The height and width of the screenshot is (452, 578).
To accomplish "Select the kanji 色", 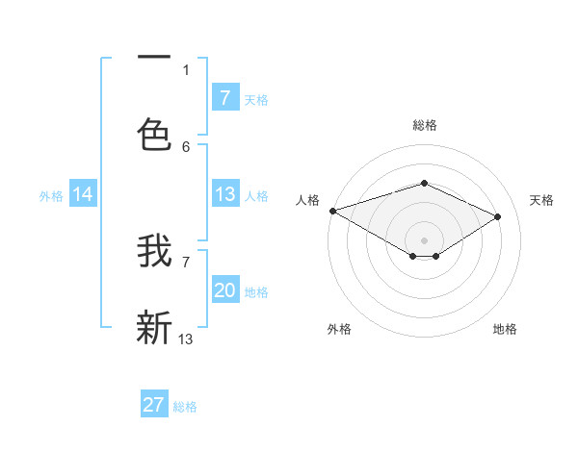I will click(x=154, y=136).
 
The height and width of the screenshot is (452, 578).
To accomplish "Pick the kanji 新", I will click(x=154, y=327).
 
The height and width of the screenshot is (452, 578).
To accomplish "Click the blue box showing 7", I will click(x=225, y=97).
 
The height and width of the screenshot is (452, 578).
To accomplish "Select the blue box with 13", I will click(x=225, y=194).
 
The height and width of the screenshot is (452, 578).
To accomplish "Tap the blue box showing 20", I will click(x=225, y=290).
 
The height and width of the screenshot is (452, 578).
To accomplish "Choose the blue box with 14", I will click(x=83, y=194).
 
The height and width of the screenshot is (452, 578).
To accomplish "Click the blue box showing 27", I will click(x=154, y=405).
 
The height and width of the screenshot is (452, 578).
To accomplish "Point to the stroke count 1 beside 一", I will click(x=186, y=69).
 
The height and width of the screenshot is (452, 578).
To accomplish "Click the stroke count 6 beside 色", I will click(x=186, y=146).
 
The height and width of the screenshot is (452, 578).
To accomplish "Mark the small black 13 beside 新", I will click(x=186, y=339).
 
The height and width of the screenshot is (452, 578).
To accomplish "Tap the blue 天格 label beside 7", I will click(x=256, y=99).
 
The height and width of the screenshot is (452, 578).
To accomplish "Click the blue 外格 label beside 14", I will click(x=51, y=196).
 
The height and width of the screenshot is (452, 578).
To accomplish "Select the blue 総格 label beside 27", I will click(x=185, y=407).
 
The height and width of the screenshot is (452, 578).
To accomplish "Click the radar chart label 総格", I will click(x=424, y=125).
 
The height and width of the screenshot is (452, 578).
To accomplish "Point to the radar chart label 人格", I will click(x=307, y=200).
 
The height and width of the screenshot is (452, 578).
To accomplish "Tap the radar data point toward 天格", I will click(x=497, y=217).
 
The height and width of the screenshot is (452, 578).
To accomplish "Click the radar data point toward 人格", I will click(x=332, y=211).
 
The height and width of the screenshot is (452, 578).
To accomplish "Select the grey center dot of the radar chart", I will click(x=424, y=239).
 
